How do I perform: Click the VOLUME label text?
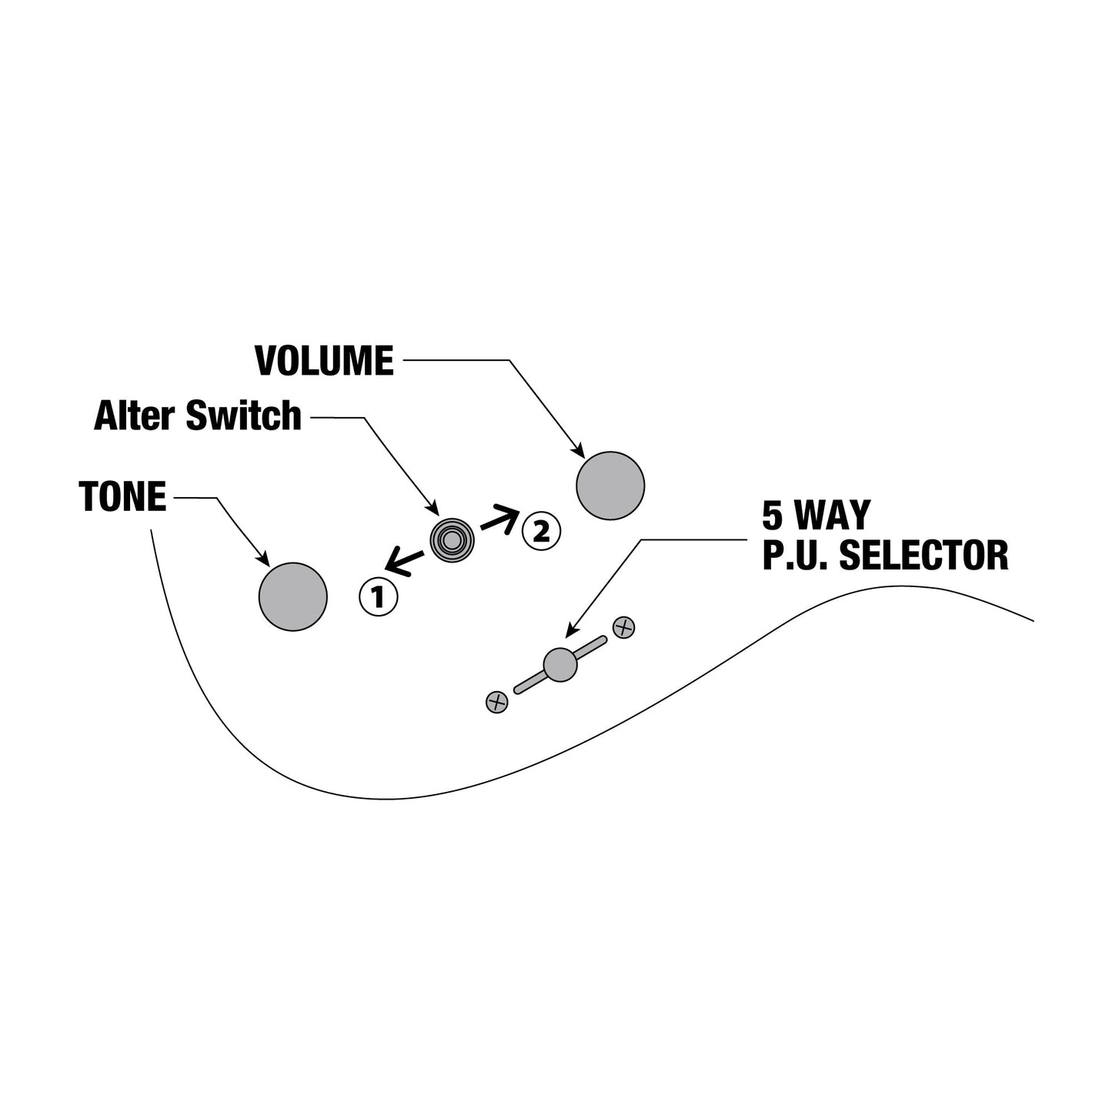[324, 361]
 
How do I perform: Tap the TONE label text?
[122, 497]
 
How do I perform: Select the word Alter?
[135, 416]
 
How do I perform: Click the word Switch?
[243, 416]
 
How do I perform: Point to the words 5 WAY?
[816, 516]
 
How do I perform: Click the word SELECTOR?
[924, 555]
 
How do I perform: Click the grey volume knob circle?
[610, 486]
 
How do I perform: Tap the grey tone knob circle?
[292, 596]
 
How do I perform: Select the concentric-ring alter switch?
[452, 540]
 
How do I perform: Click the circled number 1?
[378, 597]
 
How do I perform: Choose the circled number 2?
[541, 530]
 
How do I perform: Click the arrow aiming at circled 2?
[500, 518]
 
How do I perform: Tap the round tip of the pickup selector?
[559, 665]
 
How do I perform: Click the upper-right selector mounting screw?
[623, 627]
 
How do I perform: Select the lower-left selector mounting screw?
[497, 703]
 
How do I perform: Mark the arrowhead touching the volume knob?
[578, 451]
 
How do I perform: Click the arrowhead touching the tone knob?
[263, 559]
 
